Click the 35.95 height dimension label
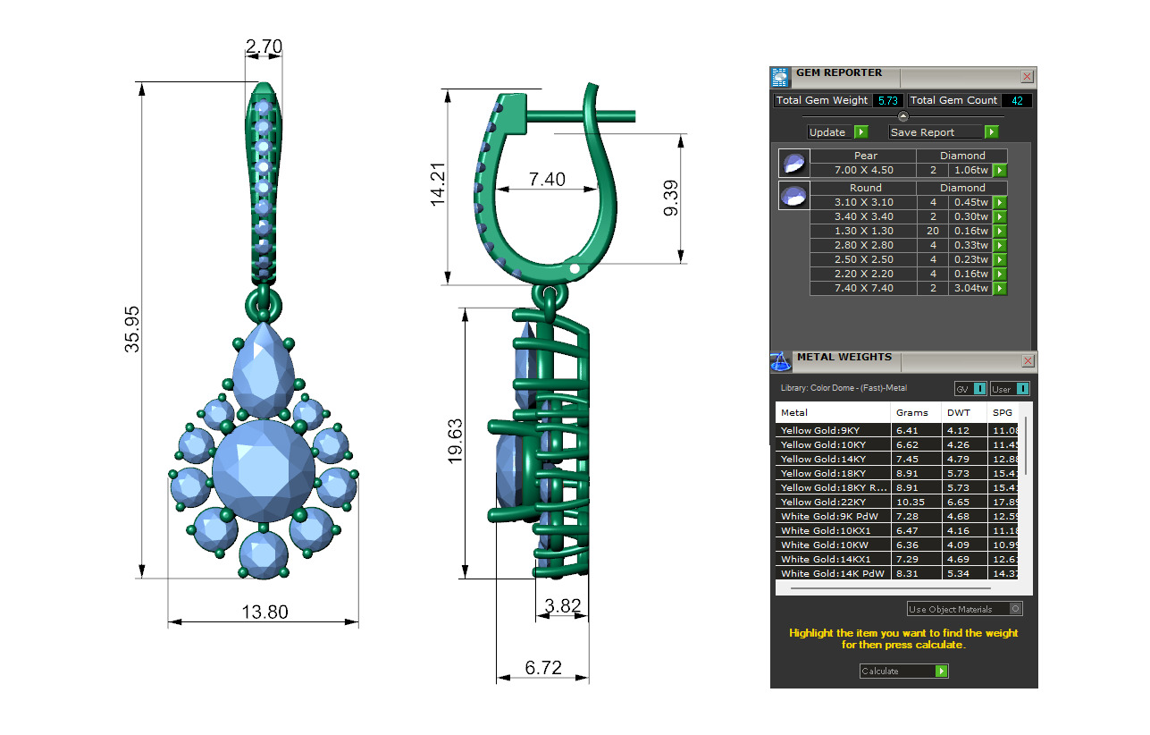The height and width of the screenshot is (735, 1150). pos(132,329)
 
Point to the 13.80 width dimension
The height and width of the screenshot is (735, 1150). pos(264,612)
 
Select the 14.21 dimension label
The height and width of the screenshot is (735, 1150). pos(438,185)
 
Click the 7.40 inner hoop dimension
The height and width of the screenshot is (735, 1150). pos(547,179)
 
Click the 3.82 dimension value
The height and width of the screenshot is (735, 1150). pos(563,605)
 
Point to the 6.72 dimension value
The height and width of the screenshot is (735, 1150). pos(543,667)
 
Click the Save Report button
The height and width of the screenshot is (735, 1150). pos(944,132)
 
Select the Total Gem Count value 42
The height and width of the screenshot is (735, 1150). pos(1016,100)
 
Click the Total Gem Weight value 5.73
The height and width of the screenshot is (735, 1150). pos(888,100)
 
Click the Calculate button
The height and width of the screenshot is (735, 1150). pos(903,671)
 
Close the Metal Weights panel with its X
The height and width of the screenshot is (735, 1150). pos(1028,361)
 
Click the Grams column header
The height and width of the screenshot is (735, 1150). pos(911,412)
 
